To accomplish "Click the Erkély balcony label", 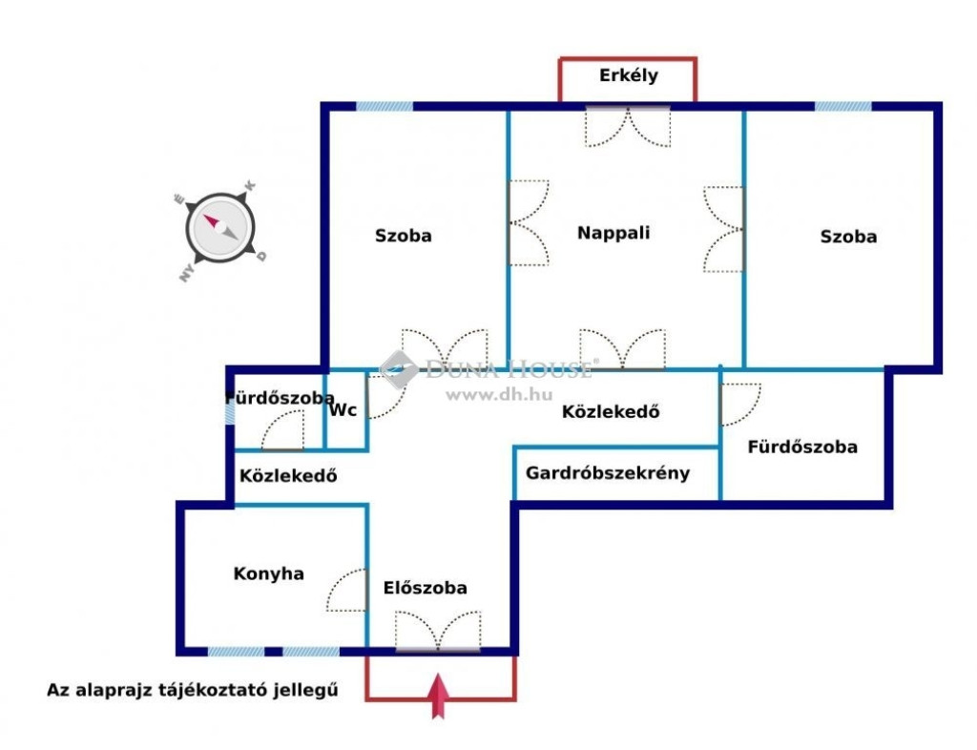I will click(x=628, y=76).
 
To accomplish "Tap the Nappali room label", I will click(x=613, y=232).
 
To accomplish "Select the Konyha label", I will click(x=268, y=573).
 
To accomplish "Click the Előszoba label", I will click(x=426, y=588).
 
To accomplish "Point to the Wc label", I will click(x=343, y=410).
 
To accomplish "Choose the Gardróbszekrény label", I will click(x=608, y=472).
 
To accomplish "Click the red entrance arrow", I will click(x=439, y=696).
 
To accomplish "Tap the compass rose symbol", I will click(x=220, y=229).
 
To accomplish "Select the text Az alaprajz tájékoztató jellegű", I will click(x=194, y=690).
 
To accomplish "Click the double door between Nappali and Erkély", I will click(x=628, y=124).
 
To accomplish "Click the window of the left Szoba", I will click(x=385, y=107).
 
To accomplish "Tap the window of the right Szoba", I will click(x=842, y=107).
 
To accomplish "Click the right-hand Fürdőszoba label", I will click(x=802, y=447).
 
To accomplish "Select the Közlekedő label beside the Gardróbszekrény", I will click(x=611, y=412).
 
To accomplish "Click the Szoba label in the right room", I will click(x=848, y=237).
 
